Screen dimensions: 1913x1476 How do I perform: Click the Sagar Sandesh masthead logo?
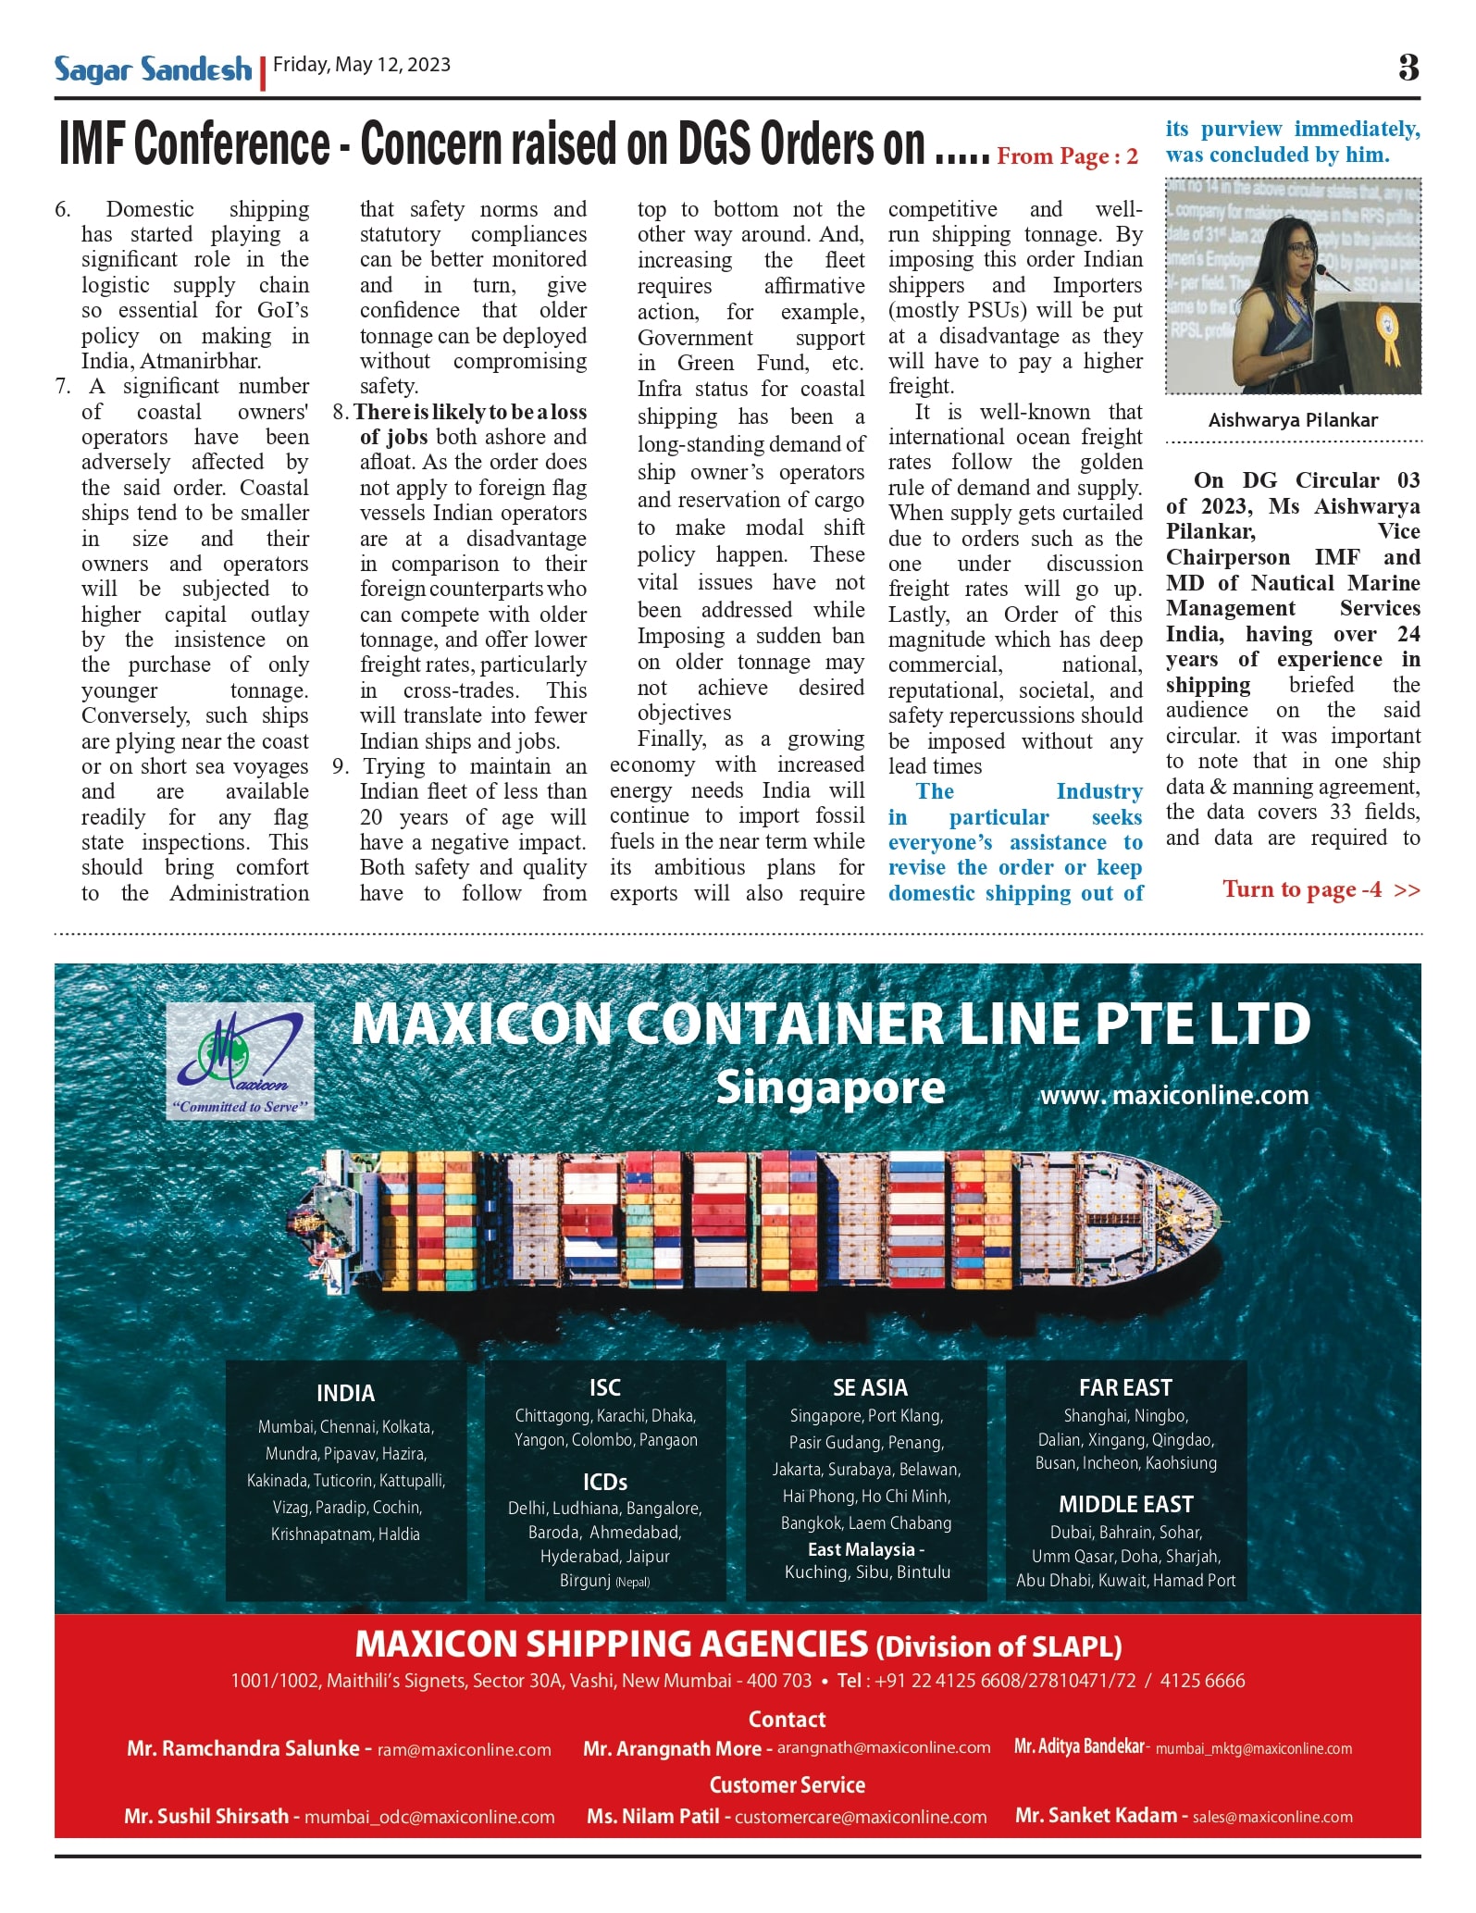click(153, 69)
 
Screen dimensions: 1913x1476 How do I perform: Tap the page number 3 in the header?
click(1408, 67)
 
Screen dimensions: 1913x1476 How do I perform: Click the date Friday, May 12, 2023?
click(362, 65)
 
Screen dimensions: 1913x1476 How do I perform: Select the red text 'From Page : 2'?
click(1067, 156)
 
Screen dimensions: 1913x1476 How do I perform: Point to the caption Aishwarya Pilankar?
click(1293, 420)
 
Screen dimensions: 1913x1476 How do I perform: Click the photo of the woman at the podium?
click(1293, 286)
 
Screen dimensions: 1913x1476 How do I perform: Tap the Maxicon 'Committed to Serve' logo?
click(240, 1062)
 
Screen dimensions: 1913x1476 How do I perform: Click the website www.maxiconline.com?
click(1174, 1096)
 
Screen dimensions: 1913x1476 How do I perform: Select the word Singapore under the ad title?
click(830, 1088)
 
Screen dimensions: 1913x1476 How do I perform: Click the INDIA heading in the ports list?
click(345, 1394)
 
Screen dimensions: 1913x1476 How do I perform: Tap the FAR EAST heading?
click(1125, 1388)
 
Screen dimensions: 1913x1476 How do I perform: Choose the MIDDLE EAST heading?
click(1125, 1505)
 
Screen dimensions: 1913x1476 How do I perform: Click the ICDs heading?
click(605, 1483)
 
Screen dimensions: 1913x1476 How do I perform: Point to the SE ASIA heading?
click(870, 1388)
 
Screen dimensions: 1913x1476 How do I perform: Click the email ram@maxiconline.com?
click(464, 1750)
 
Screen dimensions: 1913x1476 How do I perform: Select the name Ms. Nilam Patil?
click(652, 1817)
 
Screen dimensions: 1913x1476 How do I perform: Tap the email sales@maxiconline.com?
click(1272, 1818)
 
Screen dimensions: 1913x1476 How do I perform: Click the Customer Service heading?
click(787, 1785)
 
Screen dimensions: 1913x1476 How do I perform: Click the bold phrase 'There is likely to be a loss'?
click(470, 412)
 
